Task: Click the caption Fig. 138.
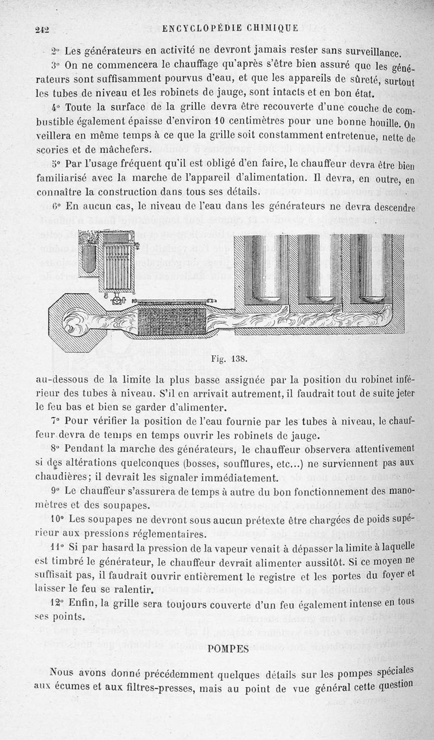click(x=231, y=359)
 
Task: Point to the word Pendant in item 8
click(x=84, y=449)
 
